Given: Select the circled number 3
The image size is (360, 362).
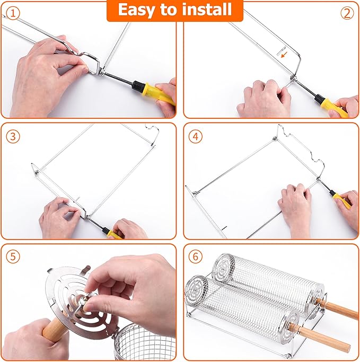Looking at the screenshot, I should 13,136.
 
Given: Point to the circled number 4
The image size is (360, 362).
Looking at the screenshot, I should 196,136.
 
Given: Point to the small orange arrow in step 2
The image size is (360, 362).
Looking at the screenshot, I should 284,54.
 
